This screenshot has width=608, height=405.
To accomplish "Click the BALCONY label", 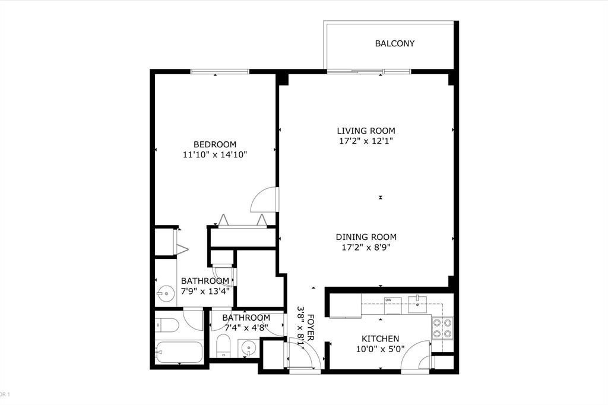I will (394, 43).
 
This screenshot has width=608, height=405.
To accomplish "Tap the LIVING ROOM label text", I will (366, 131).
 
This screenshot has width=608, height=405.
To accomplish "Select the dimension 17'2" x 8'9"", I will (366, 247).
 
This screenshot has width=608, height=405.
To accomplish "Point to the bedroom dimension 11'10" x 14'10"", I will (215, 154).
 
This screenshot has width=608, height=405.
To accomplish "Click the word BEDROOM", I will (215, 144).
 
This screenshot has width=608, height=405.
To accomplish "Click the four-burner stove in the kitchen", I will (442, 328).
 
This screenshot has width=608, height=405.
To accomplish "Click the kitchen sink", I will (418, 305).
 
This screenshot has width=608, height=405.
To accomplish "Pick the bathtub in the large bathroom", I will (179, 352).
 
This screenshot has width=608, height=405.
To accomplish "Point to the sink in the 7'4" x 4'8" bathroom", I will (249, 347).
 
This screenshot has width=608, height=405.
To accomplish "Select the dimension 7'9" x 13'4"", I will (205, 291).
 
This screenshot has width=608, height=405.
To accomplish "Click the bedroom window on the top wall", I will (220, 72).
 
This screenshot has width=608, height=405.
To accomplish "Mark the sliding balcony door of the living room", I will (368, 72).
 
